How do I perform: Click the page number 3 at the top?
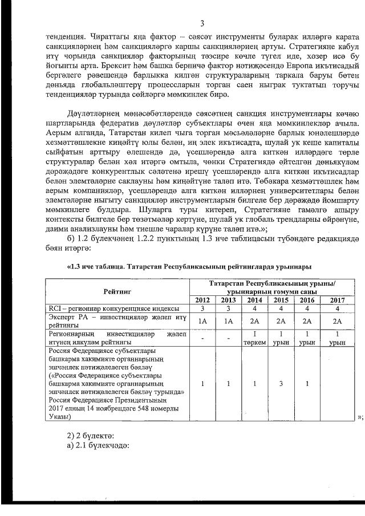[x=202, y=23]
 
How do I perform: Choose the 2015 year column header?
[x=280, y=300]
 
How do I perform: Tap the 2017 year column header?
[x=338, y=300]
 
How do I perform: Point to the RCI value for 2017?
[x=338, y=308]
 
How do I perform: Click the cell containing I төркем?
[x=255, y=338]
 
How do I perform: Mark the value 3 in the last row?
[x=280, y=384]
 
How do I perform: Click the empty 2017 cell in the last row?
[x=338, y=384]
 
